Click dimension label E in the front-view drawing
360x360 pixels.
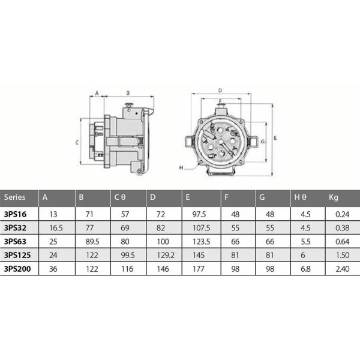tap(275, 137)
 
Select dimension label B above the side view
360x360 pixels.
tap(127, 94)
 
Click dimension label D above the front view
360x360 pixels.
tap(221, 88)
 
